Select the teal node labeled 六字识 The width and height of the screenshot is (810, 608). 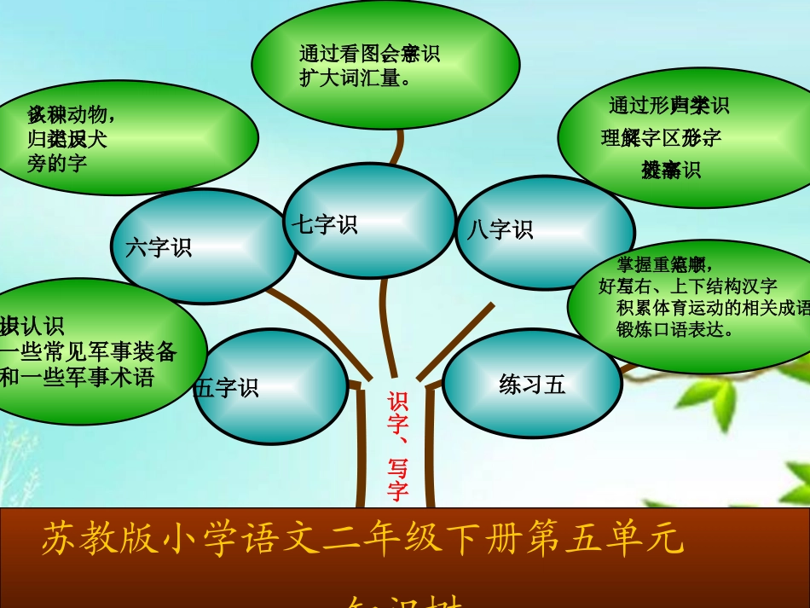(x=192, y=247)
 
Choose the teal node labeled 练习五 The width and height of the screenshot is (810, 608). (x=532, y=385)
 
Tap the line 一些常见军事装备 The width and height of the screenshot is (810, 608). (x=89, y=352)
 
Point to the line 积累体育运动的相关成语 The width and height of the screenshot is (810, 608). (x=712, y=308)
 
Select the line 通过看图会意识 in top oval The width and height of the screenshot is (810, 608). (x=368, y=54)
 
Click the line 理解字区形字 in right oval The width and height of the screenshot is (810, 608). (x=661, y=137)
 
